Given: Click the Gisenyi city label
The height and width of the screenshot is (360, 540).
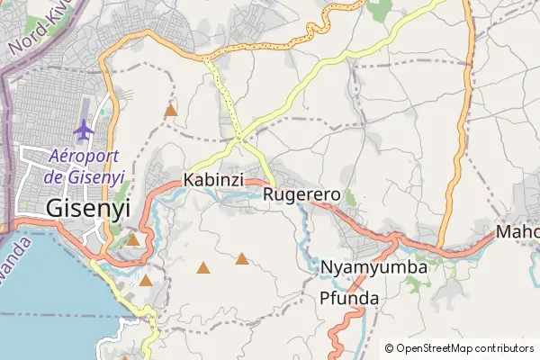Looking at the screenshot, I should pyautogui.click(x=87, y=208).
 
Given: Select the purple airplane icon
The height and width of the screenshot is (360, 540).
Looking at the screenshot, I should pyautogui.click(x=85, y=130).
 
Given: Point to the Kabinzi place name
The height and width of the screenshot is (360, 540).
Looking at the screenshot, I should pyautogui.click(x=213, y=180).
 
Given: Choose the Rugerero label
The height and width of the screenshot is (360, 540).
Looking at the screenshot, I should pyautogui.click(x=302, y=193).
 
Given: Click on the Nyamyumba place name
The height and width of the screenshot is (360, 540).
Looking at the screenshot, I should pyautogui.click(x=373, y=267).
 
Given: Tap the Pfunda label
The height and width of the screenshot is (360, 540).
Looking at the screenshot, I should pyautogui.click(x=349, y=298).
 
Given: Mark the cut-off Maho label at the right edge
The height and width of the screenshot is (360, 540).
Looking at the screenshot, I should pyautogui.click(x=517, y=232).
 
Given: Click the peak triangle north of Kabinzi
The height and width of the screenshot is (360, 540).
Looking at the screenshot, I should pyautogui.click(x=170, y=111).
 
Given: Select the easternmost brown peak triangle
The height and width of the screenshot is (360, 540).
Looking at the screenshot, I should pyautogui.click(x=242, y=259).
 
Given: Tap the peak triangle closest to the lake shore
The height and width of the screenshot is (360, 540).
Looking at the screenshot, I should pyautogui.click(x=146, y=281).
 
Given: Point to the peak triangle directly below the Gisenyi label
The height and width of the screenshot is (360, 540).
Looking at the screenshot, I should pyautogui.click(x=133, y=240).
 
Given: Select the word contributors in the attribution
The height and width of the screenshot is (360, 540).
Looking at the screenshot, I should pyautogui.click(x=503, y=348).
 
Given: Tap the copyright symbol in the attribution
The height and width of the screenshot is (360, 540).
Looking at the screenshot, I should pyautogui.click(x=389, y=348).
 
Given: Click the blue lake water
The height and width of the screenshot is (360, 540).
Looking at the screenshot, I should pyautogui.click(x=45, y=297).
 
